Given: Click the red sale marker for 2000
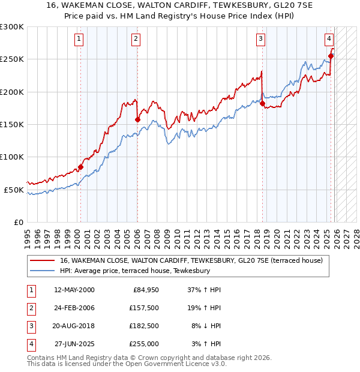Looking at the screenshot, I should pos(80,167).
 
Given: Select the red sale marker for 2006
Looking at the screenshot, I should pos(137,119).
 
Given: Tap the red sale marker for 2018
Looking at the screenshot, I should pos(262,103).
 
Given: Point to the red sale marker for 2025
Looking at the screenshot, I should pos(331,56).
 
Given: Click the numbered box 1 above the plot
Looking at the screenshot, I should pos(79,40).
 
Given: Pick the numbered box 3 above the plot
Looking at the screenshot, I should pos(261,40).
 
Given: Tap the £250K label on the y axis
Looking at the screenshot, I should pos(12,59).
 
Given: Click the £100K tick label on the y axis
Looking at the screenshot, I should pos(12,157).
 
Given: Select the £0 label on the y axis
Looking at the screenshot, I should pos(18,222).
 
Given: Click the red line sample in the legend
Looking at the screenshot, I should pos(41,260).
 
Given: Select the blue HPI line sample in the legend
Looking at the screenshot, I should pos(41,271).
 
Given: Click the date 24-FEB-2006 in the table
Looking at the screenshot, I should pos(74,308).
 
